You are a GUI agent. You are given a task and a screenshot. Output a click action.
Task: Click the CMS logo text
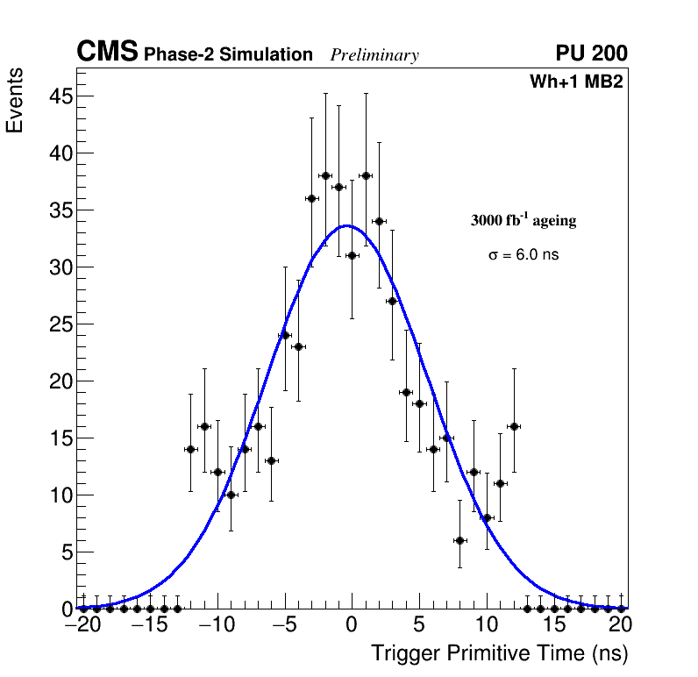107,53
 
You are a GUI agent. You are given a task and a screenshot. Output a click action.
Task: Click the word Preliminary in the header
374,55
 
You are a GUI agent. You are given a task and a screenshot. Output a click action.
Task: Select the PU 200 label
591,53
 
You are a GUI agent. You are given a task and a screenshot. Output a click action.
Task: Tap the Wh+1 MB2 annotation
576,82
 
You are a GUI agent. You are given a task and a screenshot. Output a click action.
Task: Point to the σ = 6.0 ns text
523,255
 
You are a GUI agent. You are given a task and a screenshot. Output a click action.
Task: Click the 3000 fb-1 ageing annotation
523,221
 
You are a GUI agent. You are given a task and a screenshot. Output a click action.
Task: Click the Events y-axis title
15,100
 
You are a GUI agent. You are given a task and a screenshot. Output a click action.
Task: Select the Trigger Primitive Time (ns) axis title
499,653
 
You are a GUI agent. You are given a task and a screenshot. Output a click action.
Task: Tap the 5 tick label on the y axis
63,552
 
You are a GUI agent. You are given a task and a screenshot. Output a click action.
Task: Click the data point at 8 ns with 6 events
459,540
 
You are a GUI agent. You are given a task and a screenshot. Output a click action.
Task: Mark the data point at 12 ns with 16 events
514,426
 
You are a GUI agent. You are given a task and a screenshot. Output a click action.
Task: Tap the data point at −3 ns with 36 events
311,198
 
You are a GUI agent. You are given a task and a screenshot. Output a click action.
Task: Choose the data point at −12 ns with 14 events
190,449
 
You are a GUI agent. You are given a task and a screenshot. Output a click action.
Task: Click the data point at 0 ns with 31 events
352,255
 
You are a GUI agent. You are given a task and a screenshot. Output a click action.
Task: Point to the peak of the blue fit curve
348,225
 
